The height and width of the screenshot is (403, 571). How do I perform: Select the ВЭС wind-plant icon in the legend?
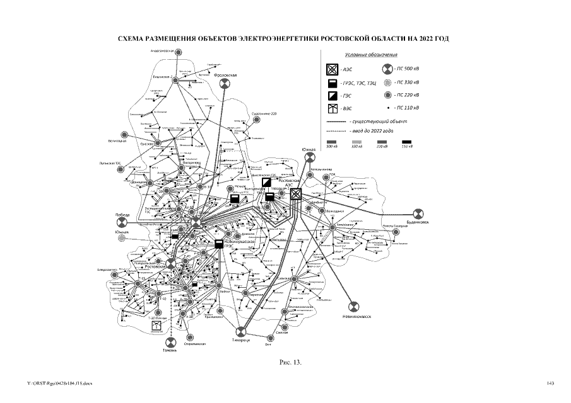332,109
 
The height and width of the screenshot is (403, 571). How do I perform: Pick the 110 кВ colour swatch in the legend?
406,142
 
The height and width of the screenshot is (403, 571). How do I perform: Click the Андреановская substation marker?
179,52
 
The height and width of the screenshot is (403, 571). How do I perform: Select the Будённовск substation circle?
417,213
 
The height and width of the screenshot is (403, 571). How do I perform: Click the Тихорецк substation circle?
239,331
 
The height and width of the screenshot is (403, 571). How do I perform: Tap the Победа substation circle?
124,222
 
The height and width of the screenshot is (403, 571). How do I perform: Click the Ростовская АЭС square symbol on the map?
295,194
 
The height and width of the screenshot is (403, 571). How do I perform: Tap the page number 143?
550,383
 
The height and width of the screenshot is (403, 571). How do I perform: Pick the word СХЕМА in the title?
133,39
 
